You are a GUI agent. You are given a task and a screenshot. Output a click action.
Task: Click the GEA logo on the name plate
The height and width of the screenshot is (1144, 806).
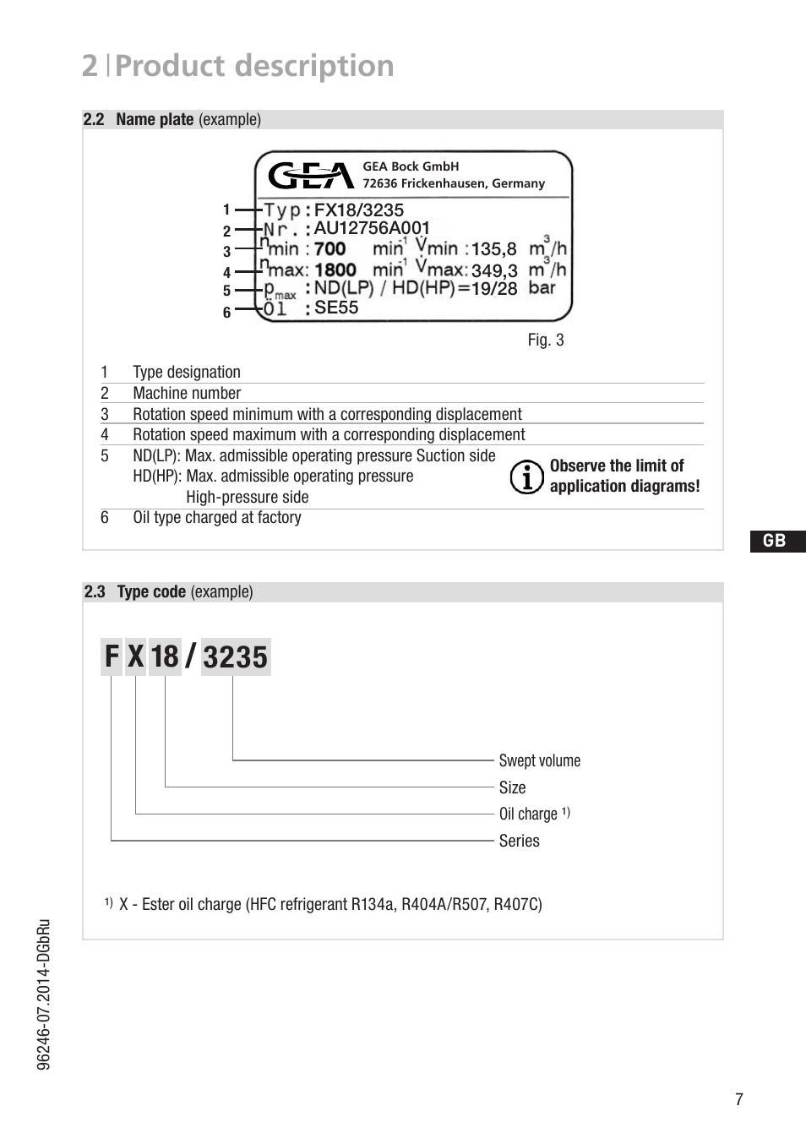click(310, 176)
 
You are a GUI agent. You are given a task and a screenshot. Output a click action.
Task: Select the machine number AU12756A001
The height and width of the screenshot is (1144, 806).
click(372, 228)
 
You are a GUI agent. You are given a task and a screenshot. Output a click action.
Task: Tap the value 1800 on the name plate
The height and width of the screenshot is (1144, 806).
click(335, 270)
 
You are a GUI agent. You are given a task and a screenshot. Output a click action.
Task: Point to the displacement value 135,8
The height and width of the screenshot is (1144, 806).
click(493, 249)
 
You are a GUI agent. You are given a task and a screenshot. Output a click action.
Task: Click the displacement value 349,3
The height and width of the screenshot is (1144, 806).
click(493, 271)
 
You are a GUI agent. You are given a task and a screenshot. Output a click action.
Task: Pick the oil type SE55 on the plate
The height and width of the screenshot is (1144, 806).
click(336, 308)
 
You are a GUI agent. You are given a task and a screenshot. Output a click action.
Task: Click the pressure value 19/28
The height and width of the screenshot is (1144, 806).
click(494, 289)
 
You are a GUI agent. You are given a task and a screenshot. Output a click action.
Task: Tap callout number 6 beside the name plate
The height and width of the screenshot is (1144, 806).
click(226, 313)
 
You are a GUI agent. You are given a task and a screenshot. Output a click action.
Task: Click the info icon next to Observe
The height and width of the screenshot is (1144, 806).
click(526, 477)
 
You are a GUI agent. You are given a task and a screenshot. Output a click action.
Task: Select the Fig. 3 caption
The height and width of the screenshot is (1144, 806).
click(545, 340)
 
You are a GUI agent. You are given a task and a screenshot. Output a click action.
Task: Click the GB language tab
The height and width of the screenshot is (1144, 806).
click(775, 542)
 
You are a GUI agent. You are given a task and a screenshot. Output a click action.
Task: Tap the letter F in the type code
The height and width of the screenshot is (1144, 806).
click(112, 656)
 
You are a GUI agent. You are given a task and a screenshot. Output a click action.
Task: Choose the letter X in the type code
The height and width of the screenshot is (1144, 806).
click(136, 656)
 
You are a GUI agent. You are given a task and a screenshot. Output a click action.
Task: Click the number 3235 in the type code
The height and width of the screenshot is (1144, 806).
click(235, 657)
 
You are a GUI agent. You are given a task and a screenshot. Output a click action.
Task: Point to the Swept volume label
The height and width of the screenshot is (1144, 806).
click(539, 760)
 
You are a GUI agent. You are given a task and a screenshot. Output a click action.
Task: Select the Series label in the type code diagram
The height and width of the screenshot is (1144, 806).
click(519, 841)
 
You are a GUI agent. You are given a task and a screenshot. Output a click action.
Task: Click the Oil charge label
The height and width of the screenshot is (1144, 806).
click(528, 814)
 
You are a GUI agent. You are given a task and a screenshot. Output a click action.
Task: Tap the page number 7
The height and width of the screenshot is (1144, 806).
click(739, 1099)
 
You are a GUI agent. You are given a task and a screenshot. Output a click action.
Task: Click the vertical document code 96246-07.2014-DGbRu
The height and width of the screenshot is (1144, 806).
click(45, 994)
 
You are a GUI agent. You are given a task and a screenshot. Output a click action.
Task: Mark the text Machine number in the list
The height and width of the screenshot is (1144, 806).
click(187, 393)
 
